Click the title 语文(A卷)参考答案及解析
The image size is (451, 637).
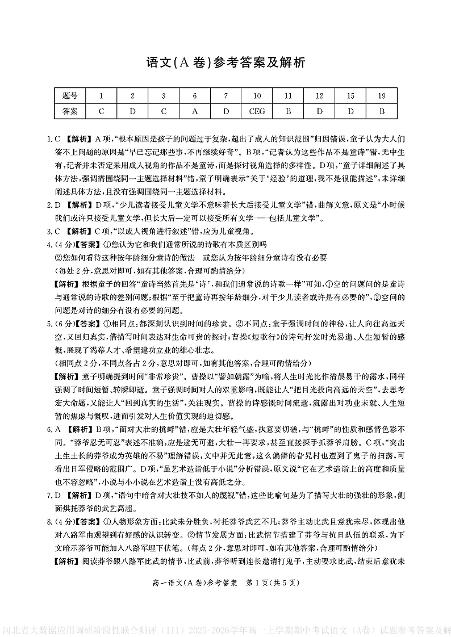click(x=225, y=62)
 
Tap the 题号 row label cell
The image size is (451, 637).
click(x=70, y=95)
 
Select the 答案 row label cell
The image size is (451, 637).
click(x=70, y=111)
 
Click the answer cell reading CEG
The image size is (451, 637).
click(x=257, y=111)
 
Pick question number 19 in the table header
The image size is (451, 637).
click(x=382, y=95)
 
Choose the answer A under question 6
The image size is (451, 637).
click(x=195, y=111)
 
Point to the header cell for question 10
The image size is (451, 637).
click(x=257, y=95)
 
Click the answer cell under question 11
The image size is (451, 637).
click(x=288, y=111)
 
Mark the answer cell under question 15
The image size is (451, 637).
click(x=350, y=111)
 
